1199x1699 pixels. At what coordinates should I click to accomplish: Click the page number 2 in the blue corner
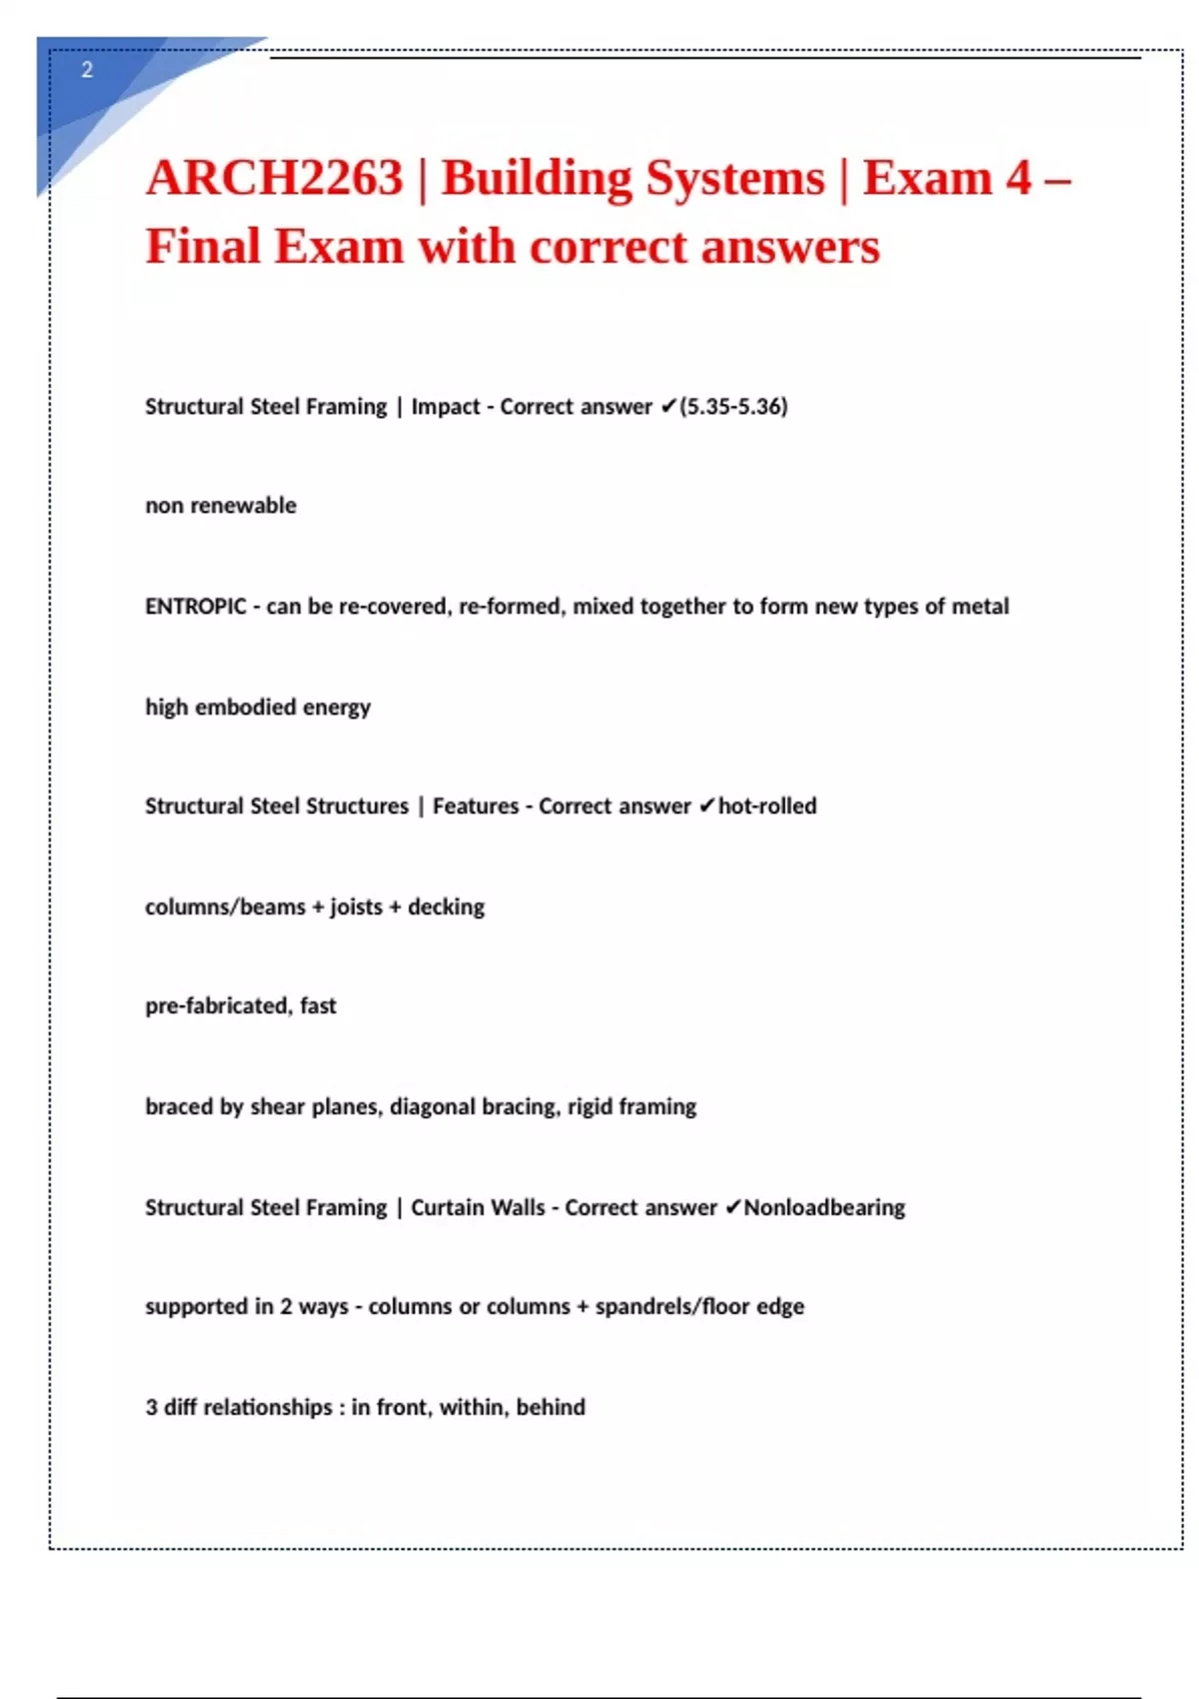(x=87, y=70)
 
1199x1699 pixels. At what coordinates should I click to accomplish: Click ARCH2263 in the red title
(x=274, y=178)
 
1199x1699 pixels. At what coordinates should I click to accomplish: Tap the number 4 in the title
(x=1018, y=178)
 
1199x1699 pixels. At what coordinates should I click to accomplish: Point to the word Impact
(x=445, y=407)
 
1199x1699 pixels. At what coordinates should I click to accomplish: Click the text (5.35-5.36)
(x=733, y=407)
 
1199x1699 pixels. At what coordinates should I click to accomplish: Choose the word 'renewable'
(x=243, y=506)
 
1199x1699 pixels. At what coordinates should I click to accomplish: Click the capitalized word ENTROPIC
(x=196, y=607)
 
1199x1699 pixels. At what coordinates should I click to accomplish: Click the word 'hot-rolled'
(x=767, y=807)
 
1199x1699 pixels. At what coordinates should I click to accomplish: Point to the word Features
(x=476, y=807)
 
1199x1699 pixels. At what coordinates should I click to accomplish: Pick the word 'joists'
(x=356, y=907)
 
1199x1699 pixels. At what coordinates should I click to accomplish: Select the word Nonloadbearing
(x=824, y=1207)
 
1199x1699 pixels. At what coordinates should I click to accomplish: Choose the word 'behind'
(x=551, y=1407)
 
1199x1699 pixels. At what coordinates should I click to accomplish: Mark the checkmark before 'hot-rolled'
(x=706, y=807)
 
